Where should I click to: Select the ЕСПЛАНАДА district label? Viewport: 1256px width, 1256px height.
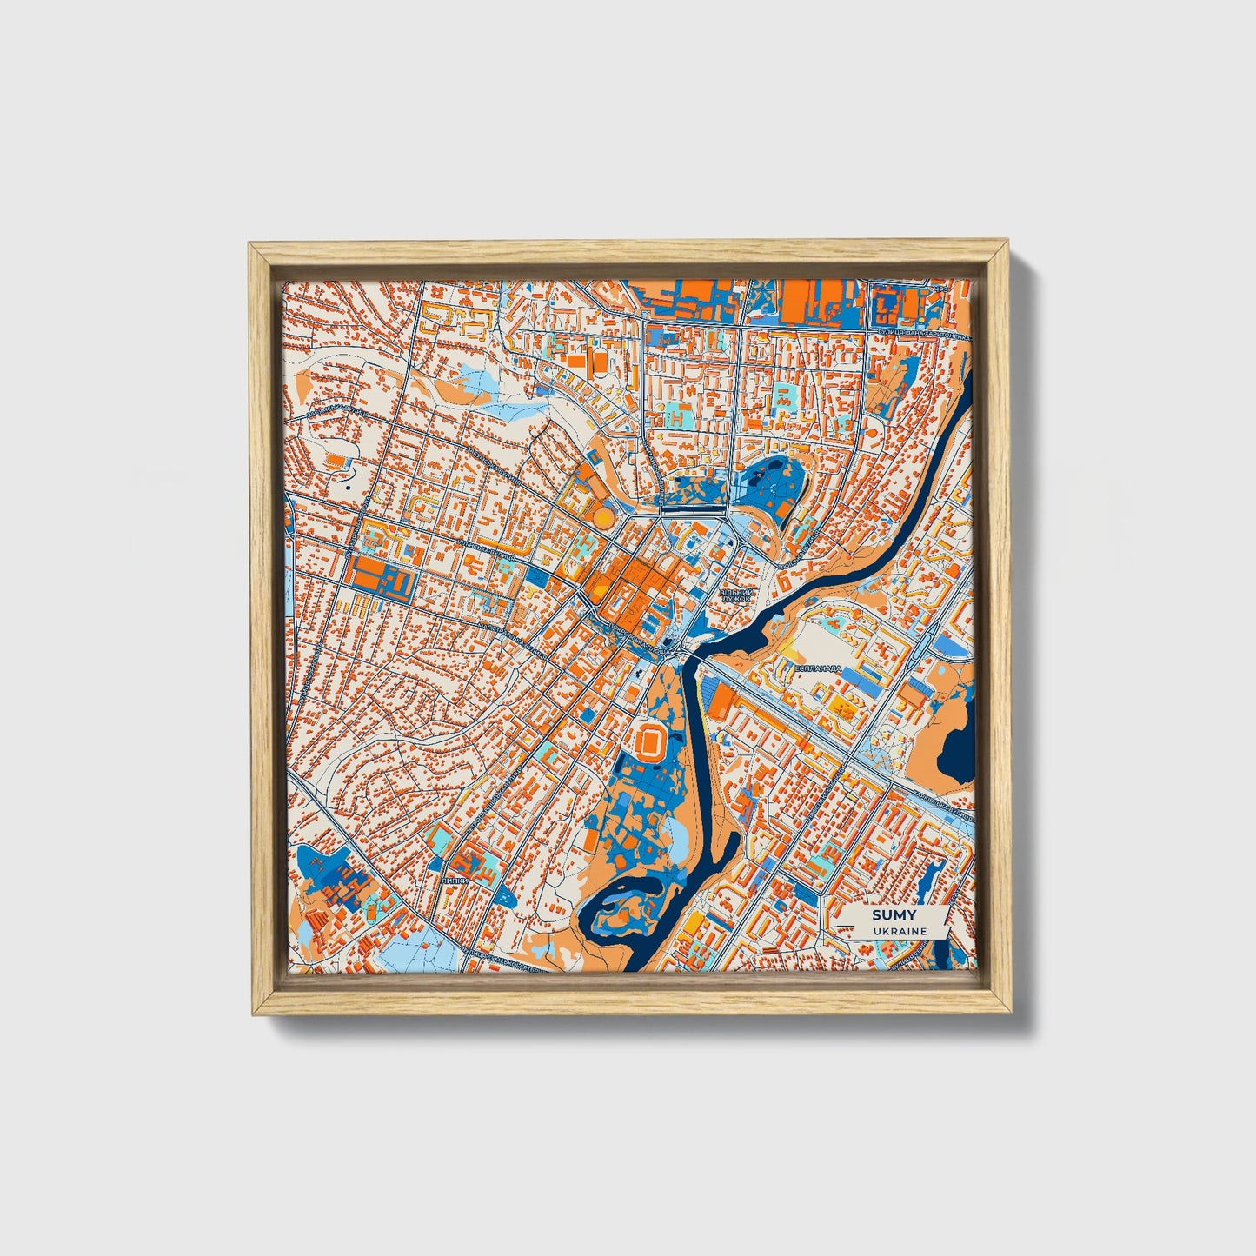click(818, 668)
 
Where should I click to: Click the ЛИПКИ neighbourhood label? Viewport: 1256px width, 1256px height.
click(455, 880)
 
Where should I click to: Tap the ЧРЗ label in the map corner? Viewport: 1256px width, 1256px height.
click(939, 289)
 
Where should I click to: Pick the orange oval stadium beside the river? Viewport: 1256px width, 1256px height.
click(650, 741)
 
